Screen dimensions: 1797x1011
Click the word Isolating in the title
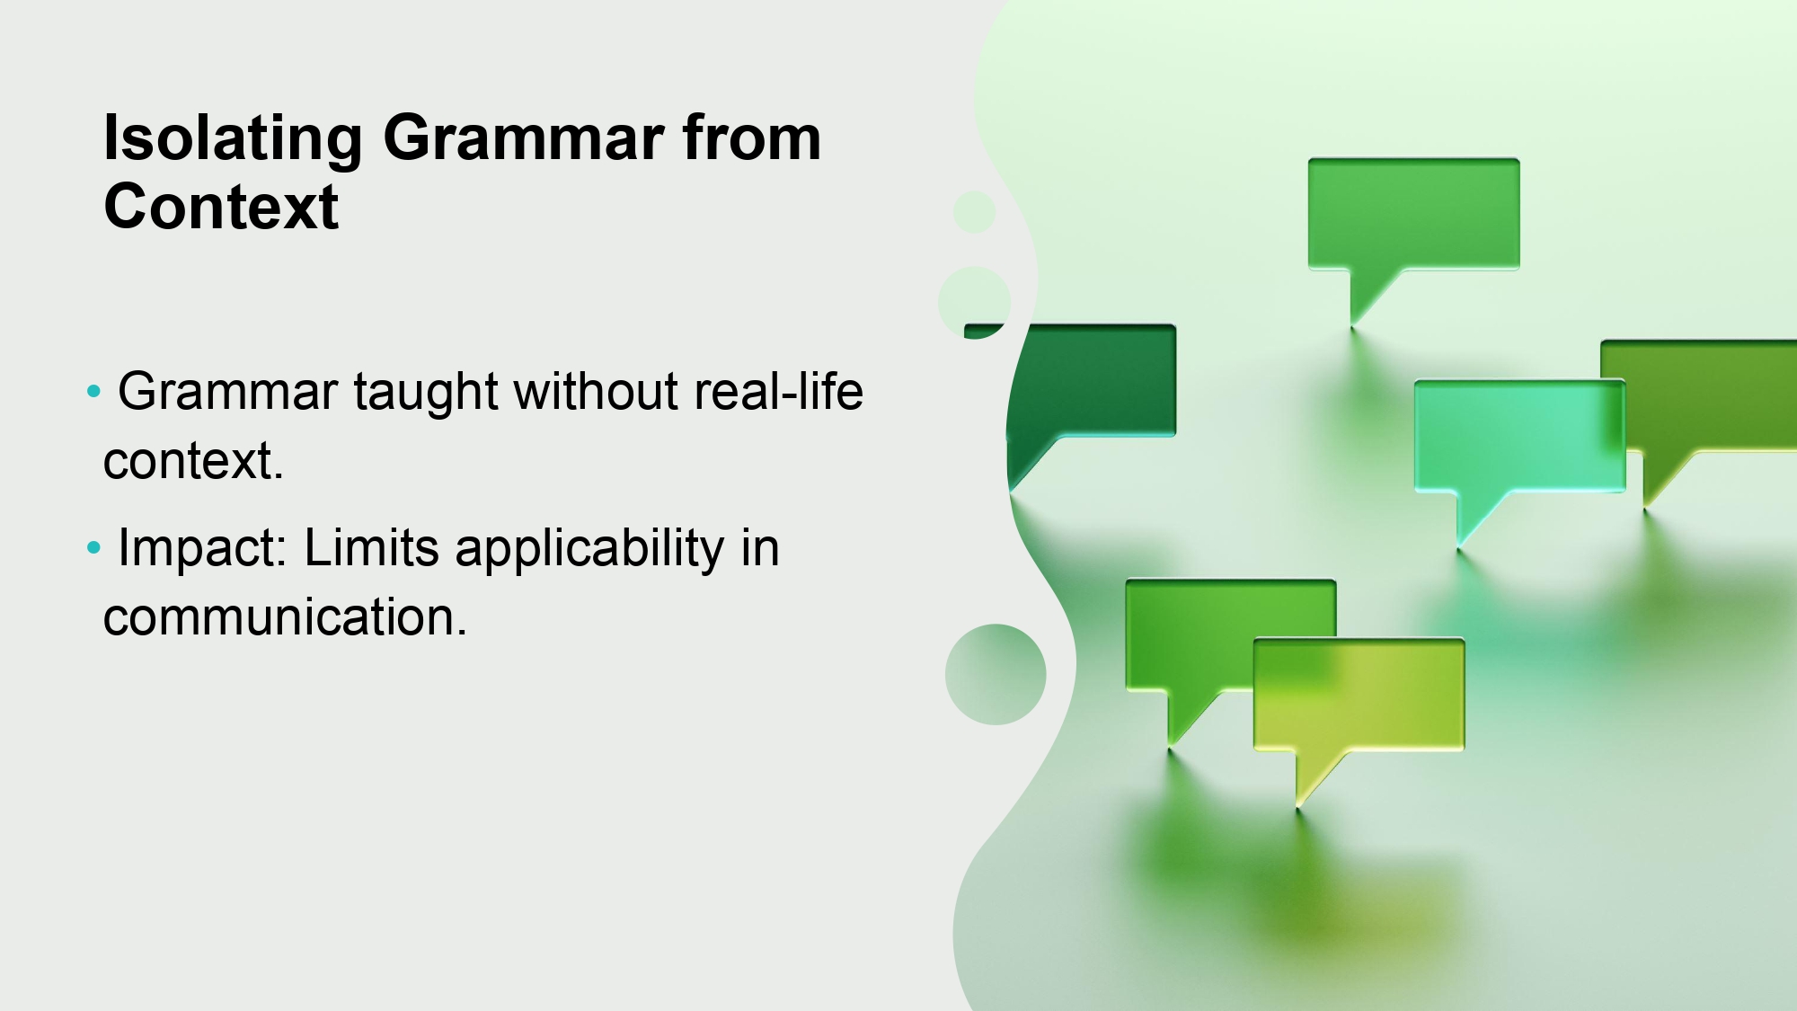click(x=233, y=139)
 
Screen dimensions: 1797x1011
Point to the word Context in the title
click(x=221, y=207)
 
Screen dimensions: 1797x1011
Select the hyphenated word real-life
click(x=778, y=392)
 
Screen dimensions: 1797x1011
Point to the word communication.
click(x=285, y=617)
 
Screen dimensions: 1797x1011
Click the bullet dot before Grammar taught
click(x=93, y=392)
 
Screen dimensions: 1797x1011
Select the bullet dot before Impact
click(x=93, y=548)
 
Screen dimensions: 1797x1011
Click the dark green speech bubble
click(x=1092, y=381)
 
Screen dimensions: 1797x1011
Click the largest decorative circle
click(x=996, y=674)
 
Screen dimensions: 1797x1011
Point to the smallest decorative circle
click(x=974, y=212)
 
